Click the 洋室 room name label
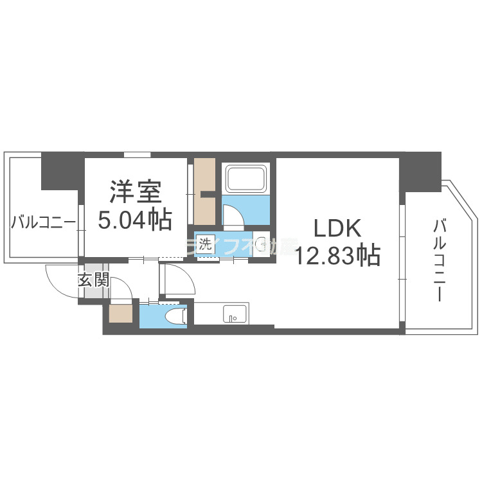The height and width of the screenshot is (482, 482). point(135,192)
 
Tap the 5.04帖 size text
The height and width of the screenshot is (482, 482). point(135,220)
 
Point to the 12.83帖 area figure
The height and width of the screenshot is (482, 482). point(338,255)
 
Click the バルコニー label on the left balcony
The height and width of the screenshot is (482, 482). point(43,223)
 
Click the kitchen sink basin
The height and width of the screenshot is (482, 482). point(233,315)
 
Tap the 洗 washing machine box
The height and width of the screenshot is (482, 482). point(205,244)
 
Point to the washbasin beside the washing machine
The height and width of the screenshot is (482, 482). point(261,244)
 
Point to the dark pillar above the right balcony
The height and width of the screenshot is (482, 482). point(420,170)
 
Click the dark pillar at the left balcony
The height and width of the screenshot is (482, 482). point(62,170)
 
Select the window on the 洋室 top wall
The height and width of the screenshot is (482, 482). point(137,154)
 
